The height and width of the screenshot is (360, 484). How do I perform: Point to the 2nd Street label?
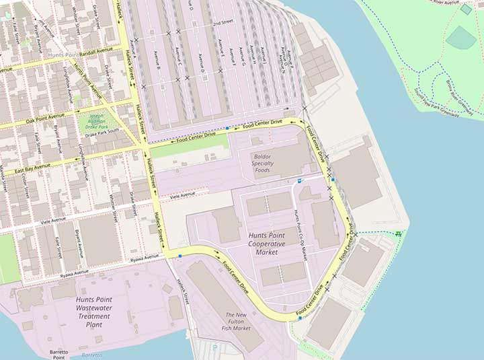click(223, 23)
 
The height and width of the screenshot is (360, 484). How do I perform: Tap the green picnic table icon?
click(399, 233)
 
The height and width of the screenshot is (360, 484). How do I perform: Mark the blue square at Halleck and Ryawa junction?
click(179, 256)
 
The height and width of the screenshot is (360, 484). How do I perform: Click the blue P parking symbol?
click(299, 181)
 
